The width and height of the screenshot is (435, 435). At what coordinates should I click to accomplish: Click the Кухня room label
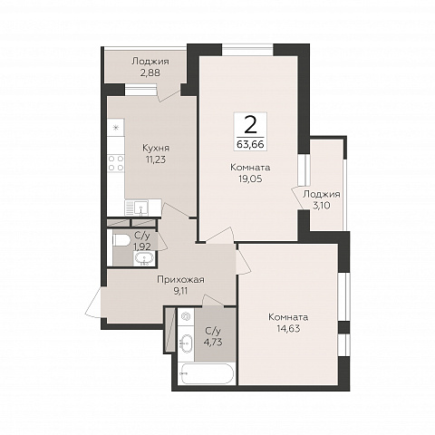coord(156,148)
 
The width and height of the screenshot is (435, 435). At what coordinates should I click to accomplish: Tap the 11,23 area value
coord(156,159)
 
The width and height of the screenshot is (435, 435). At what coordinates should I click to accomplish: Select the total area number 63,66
coord(250,144)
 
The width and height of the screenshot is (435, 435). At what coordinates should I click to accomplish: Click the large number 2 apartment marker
coord(250,125)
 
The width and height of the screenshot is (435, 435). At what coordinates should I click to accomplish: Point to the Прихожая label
coord(180,280)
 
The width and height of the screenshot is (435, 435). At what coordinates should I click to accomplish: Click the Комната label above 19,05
coord(250,168)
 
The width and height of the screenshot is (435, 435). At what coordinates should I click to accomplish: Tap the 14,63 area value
coord(288,329)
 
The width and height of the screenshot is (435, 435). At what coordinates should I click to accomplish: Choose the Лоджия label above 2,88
coord(150,62)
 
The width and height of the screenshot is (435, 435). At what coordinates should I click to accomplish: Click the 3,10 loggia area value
coord(322,206)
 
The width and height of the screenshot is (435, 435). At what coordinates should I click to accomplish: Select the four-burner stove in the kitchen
coord(116,163)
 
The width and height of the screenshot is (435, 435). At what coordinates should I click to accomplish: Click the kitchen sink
coord(140,207)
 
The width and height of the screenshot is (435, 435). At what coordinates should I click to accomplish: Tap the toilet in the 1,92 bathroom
coord(121,240)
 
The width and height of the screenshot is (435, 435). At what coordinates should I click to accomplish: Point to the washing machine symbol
coord(186,316)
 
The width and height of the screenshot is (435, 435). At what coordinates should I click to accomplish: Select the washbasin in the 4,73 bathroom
coord(185,343)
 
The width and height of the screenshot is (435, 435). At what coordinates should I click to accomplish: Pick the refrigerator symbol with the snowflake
coord(116,127)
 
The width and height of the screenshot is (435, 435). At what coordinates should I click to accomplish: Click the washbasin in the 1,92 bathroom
coord(145,258)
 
